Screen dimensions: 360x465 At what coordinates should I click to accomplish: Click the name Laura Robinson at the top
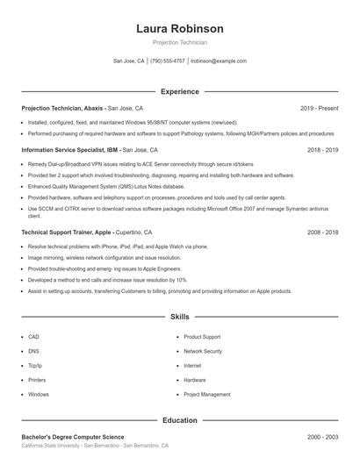(x=179, y=28)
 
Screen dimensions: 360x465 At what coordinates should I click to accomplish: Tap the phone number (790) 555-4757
(x=167, y=61)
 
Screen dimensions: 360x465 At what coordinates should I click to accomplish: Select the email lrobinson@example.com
(x=219, y=61)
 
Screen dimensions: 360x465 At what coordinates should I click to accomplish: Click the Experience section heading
(x=179, y=91)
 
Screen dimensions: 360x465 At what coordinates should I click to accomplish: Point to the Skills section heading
(x=179, y=316)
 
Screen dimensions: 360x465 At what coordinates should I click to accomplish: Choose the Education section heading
(x=179, y=420)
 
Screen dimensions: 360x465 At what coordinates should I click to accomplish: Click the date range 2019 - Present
(x=319, y=108)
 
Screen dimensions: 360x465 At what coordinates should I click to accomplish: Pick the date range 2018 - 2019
(x=322, y=150)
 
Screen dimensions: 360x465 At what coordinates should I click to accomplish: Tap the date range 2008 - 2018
(x=322, y=232)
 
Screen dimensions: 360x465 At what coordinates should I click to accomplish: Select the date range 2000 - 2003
(x=322, y=436)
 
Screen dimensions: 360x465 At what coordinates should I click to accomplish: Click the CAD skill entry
(x=33, y=337)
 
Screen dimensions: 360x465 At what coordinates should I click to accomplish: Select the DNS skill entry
(x=33, y=351)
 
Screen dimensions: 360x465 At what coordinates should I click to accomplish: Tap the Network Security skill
(x=203, y=351)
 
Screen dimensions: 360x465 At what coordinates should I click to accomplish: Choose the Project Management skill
(x=207, y=395)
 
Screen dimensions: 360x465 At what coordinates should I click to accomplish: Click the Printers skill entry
(x=37, y=380)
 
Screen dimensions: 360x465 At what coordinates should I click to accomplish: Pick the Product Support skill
(x=202, y=337)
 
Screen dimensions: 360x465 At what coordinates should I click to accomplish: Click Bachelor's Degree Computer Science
(x=72, y=436)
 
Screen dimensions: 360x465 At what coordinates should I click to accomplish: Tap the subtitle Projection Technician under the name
(x=179, y=42)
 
